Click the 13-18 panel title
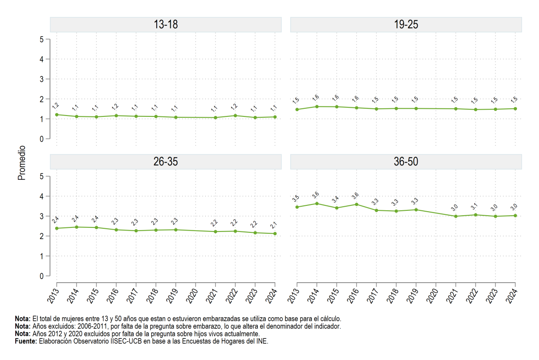pyautogui.click(x=166, y=24)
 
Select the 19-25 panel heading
pyautogui.click(x=406, y=24)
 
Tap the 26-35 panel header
pyautogui.click(x=166, y=162)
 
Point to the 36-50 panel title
pyautogui.click(x=406, y=162)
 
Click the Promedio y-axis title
pyautogui.click(x=22, y=163)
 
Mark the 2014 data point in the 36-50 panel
pyautogui.click(x=317, y=204)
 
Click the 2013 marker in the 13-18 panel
pyautogui.click(x=57, y=115)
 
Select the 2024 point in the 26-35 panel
pyautogui.click(x=275, y=234)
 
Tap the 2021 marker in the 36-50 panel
pyautogui.click(x=456, y=216)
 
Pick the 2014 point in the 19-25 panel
pyautogui.click(x=317, y=107)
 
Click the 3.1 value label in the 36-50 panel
pyautogui.click(x=474, y=206)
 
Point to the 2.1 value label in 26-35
pyautogui.click(x=274, y=225)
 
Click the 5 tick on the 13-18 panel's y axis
pyautogui.click(x=42, y=39)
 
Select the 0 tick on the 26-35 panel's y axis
pyautogui.click(x=42, y=276)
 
